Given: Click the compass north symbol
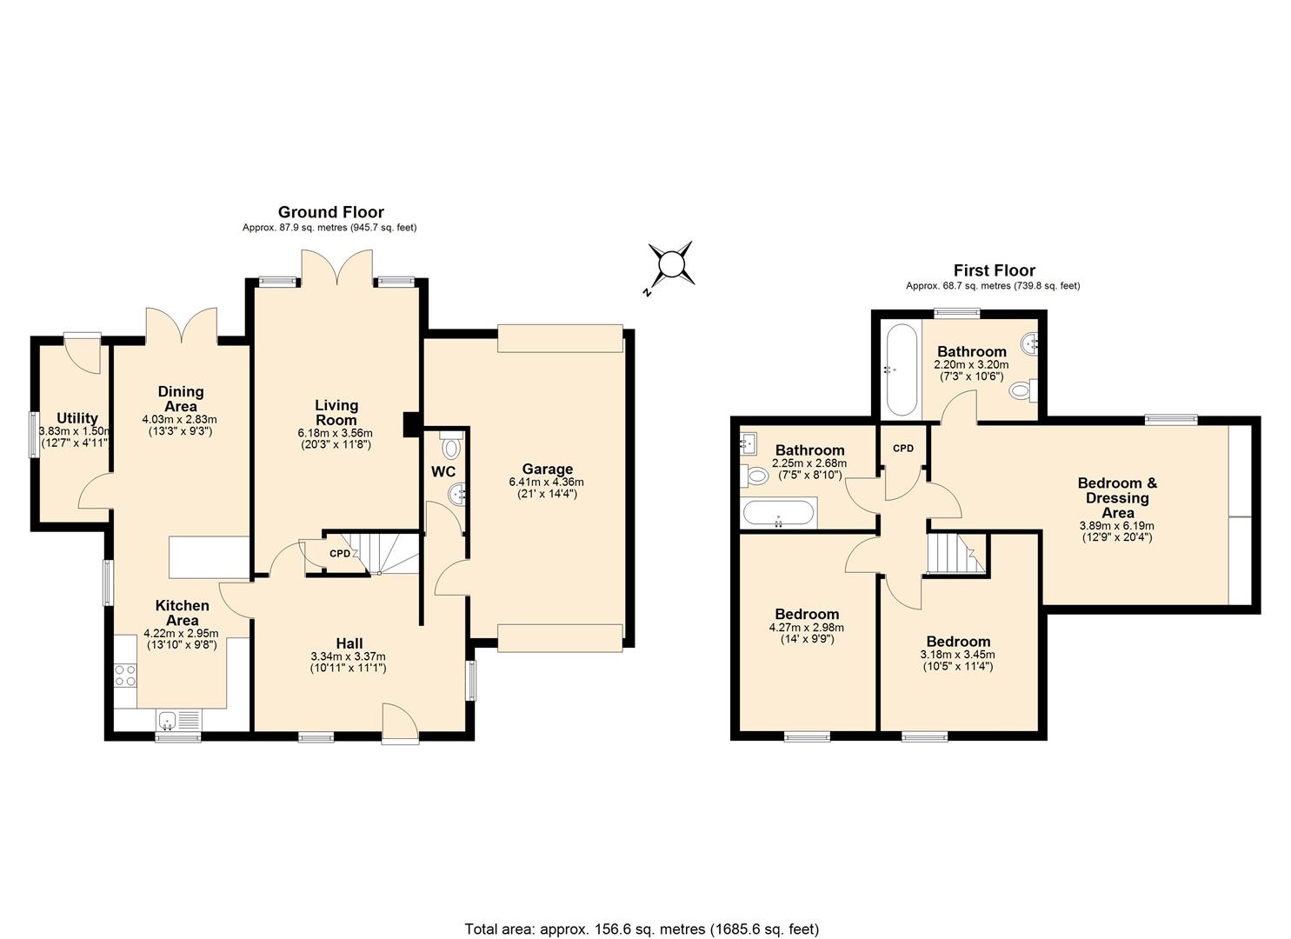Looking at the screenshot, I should (x=671, y=263).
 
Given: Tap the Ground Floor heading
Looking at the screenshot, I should (x=330, y=212).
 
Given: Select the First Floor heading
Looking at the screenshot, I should (x=994, y=270).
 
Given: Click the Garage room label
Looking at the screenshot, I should (x=547, y=469).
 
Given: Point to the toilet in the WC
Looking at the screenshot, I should (x=450, y=448).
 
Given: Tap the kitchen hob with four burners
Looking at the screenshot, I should (x=125, y=675).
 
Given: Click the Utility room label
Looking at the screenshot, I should (x=77, y=418).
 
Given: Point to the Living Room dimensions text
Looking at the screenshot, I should (x=336, y=439).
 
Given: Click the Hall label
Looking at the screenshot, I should (x=348, y=643).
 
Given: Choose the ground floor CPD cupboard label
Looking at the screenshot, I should (x=339, y=554).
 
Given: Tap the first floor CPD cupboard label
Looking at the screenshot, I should (x=903, y=449).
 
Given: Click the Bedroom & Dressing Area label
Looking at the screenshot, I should (x=1117, y=497).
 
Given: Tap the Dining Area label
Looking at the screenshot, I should (x=180, y=398).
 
